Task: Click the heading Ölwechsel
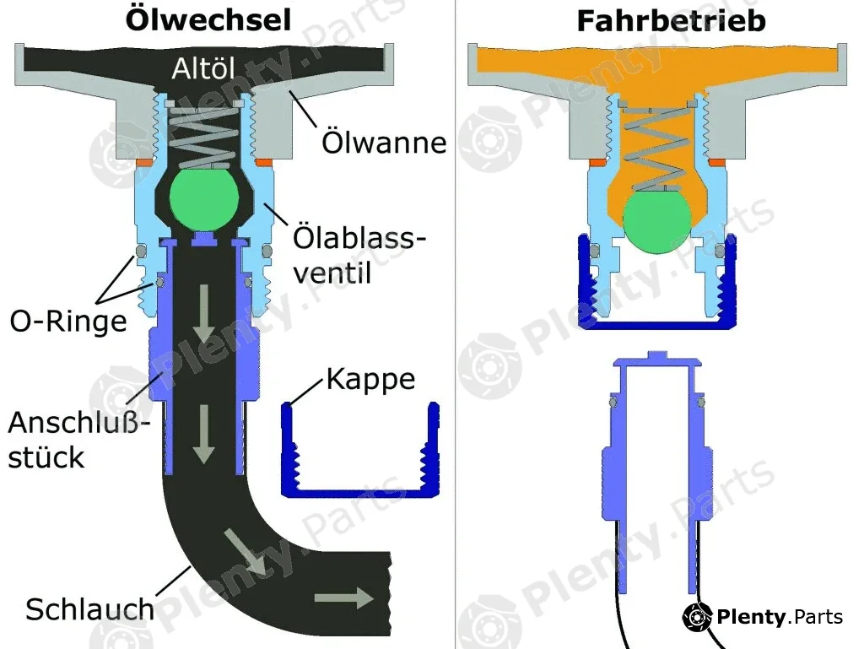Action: pyautogui.click(x=208, y=19)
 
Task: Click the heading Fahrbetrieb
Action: pyautogui.click(x=671, y=21)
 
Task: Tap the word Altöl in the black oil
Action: pyautogui.click(x=203, y=68)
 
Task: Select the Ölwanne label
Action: pyautogui.click(x=384, y=142)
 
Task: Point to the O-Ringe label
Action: pyautogui.click(x=68, y=321)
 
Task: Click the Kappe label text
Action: pyautogui.click(x=370, y=380)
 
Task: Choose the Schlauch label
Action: pyautogui.click(x=89, y=609)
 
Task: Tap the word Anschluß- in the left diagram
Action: pyautogui.click(x=78, y=423)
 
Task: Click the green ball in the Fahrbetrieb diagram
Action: pyautogui.click(x=656, y=222)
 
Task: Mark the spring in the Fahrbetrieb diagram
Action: pyautogui.click(x=656, y=149)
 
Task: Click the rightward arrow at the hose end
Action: pyautogui.click(x=344, y=598)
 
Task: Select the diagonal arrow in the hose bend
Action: pyautogui.click(x=244, y=552)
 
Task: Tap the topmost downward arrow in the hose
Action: pyautogui.click(x=204, y=314)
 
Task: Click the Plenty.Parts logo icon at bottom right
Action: pyautogui.click(x=697, y=617)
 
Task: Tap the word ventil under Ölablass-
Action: pyautogui.click(x=332, y=273)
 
